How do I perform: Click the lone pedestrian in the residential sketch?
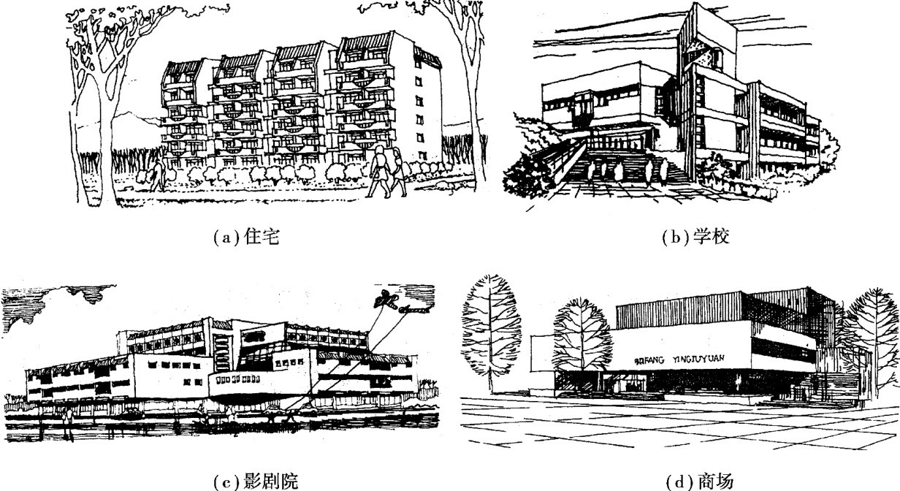[157, 175]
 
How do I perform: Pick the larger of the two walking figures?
[380, 172]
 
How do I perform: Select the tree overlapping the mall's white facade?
[582, 336]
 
